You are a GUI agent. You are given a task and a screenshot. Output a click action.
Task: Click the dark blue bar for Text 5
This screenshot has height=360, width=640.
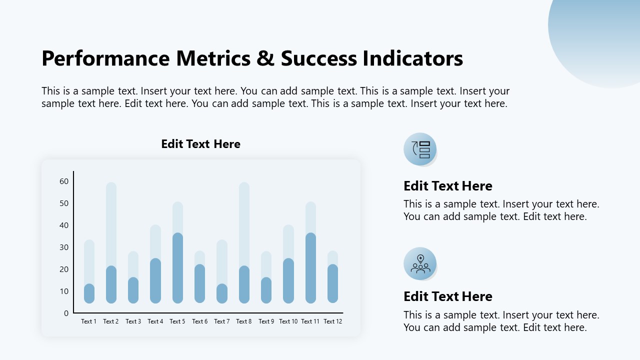pyautogui.click(x=177, y=268)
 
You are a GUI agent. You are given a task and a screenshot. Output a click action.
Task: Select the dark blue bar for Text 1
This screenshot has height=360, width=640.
pyautogui.click(x=89, y=293)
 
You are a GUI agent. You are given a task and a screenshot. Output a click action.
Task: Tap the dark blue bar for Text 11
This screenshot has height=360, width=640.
pyautogui.click(x=310, y=268)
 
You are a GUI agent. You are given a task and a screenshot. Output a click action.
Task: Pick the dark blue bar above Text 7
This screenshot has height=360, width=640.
pyautogui.click(x=222, y=293)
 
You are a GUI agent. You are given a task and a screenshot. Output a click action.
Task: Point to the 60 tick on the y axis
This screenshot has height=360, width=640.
pyautogui.click(x=64, y=181)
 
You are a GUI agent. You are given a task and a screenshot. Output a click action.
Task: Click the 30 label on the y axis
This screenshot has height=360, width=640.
pyautogui.click(x=64, y=247)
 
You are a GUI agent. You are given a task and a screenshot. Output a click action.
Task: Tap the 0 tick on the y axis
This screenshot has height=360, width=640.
pyautogui.click(x=66, y=313)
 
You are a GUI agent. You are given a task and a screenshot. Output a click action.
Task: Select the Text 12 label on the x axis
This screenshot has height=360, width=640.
pyautogui.click(x=332, y=321)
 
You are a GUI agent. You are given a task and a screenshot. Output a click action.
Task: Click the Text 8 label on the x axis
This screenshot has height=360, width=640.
pyautogui.click(x=244, y=321)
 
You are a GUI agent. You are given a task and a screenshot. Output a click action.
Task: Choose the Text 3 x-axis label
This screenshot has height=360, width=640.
pyautogui.click(x=133, y=321)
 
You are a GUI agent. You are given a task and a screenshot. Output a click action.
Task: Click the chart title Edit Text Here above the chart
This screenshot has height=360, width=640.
pyautogui.click(x=200, y=144)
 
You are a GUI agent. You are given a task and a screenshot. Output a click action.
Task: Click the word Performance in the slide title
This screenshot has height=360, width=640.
pyautogui.click(x=106, y=58)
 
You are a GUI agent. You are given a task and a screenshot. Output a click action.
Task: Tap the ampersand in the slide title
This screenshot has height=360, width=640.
pyautogui.click(x=265, y=58)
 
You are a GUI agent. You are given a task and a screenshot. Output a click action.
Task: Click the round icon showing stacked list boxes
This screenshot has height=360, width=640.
pyautogui.click(x=420, y=149)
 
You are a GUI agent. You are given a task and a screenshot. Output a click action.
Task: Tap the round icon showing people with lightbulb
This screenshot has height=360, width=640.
pyautogui.click(x=420, y=263)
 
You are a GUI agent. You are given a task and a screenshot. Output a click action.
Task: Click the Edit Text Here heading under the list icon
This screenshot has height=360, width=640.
pyautogui.click(x=447, y=186)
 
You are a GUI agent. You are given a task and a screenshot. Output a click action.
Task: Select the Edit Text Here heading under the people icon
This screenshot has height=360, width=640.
pyautogui.click(x=447, y=296)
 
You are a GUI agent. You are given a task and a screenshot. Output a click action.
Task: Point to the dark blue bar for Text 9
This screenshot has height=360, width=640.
pyautogui.click(x=266, y=290)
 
